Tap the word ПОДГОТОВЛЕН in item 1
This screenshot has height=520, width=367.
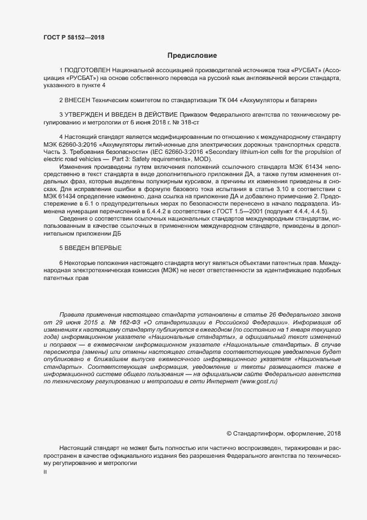(87, 71)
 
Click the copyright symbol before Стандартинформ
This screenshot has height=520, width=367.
(229, 433)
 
